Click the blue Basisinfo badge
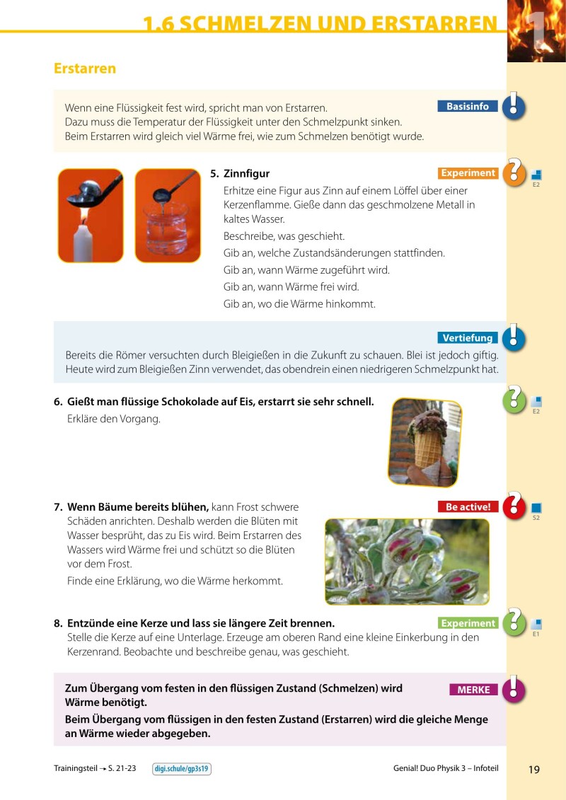[468, 106]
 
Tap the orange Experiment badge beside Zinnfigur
[468, 173]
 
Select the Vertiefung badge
[468, 338]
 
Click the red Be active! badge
[468, 506]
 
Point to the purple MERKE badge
[473, 690]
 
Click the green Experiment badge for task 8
[468, 623]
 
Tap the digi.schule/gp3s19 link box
[182, 769]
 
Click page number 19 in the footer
[533, 770]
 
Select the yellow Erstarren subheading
[85, 69]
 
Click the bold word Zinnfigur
[246, 173]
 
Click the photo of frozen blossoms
[407, 562]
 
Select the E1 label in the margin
[536, 634]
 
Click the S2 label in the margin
[536, 518]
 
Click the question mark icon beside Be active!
[514, 505]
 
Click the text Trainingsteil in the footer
[74, 769]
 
